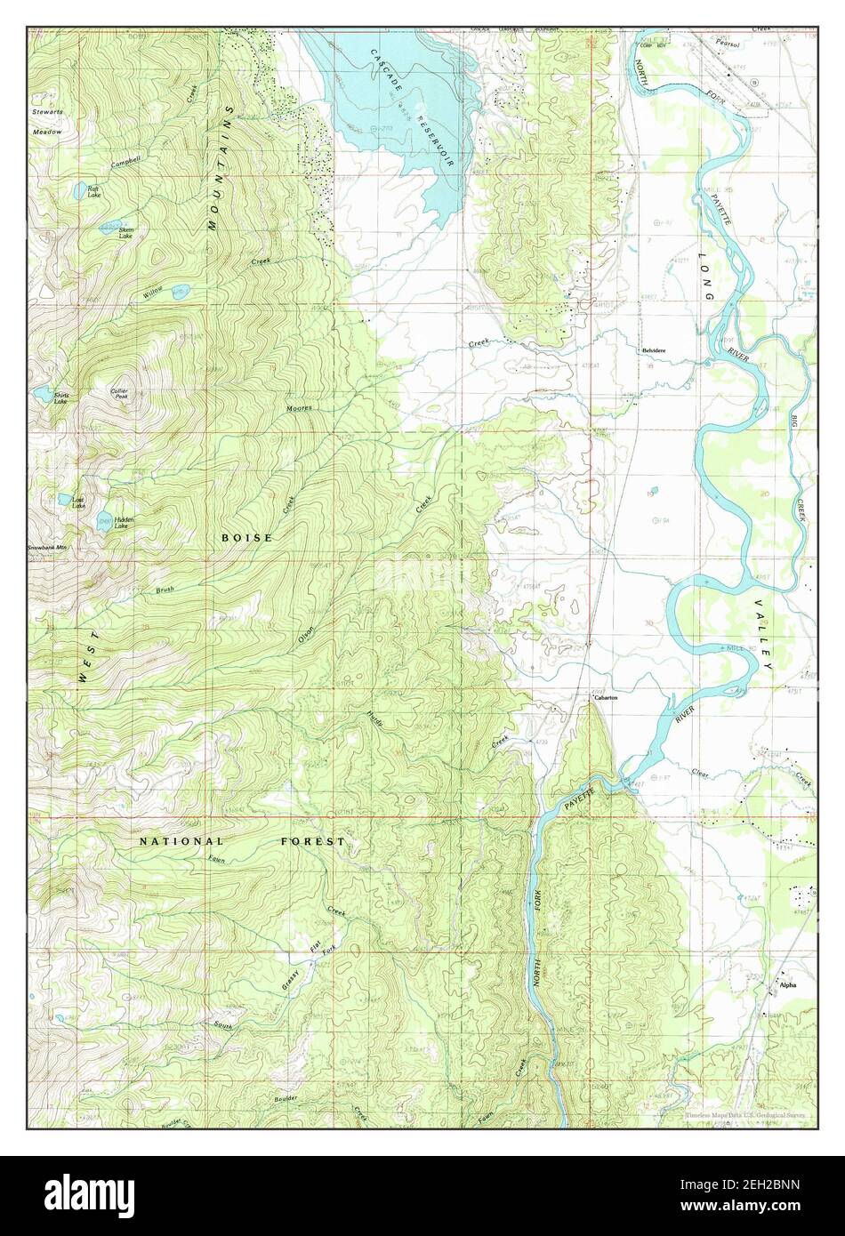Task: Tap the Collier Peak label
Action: coord(119,394)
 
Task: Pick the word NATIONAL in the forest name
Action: coord(181,840)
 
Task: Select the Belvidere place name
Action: coord(655,351)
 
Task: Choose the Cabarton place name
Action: coord(605,698)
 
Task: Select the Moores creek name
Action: coord(298,408)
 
